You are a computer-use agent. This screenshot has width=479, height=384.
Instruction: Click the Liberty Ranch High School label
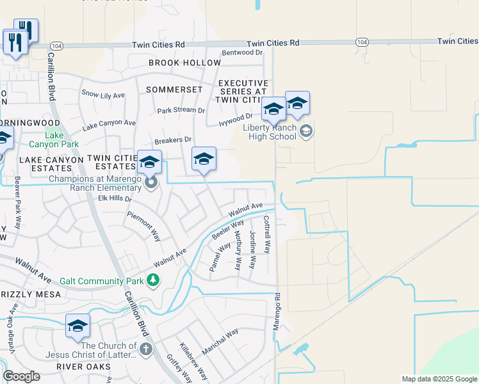[269, 132]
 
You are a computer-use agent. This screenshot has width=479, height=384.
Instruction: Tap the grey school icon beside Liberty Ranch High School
[306, 132]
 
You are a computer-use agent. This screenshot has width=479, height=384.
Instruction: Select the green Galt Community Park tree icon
[152, 280]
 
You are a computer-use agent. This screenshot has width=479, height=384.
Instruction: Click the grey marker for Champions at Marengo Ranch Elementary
[151, 184]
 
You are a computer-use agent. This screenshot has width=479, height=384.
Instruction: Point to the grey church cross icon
[146, 349]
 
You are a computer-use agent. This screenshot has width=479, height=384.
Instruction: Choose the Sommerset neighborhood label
[174, 90]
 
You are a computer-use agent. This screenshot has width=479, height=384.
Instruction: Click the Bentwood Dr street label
[242, 53]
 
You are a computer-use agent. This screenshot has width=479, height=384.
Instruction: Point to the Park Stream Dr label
[181, 110]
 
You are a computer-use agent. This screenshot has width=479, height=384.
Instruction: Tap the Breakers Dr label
[173, 140]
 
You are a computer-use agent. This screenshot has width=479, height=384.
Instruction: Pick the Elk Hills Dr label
[115, 199]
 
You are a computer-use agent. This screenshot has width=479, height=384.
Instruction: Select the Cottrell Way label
[267, 234]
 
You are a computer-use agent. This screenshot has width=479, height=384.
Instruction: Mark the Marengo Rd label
[278, 312]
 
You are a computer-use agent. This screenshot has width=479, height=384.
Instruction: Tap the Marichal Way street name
[220, 342]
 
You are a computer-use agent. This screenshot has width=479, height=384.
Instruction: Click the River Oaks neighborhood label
[84, 367]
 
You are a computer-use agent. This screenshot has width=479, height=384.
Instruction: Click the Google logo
[21, 376]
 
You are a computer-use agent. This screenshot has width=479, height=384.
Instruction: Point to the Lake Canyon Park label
[55, 140]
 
